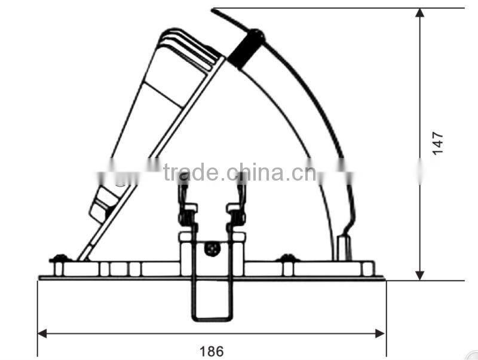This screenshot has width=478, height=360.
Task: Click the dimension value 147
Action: pyautogui.click(x=438, y=144)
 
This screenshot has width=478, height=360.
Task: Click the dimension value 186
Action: pyautogui.click(x=212, y=351)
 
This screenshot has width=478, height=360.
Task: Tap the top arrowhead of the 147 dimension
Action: pyautogui.click(x=420, y=13)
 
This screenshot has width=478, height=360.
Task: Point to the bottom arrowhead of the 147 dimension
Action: pyautogui.click(x=420, y=275)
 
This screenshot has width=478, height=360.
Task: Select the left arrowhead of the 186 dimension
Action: pyautogui.click(x=42, y=334)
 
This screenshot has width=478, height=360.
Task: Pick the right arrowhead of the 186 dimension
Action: pyautogui.click(x=381, y=334)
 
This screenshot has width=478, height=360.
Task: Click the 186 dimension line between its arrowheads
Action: pyautogui.click(x=149, y=334)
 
